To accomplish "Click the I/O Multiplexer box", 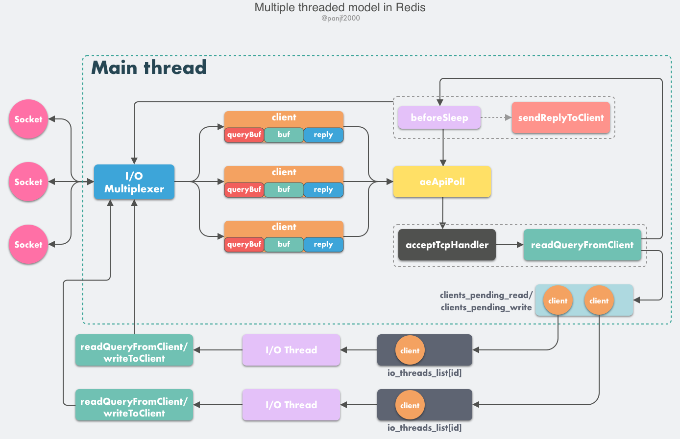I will click(x=134, y=182).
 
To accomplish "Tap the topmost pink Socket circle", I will click(x=28, y=119).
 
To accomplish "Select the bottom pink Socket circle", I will click(x=28, y=244).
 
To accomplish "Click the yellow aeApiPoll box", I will click(x=442, y=182).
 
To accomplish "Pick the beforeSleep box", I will click(x=439, y=118).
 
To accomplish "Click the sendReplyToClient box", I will click(x=561, y=118).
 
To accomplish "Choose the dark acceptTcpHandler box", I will click(x=447, y=245).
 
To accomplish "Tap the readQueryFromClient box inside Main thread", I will click(x=582, y=245).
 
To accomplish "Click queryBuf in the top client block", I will click(x=244, y=135).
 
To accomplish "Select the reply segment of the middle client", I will click(x=323, y=189).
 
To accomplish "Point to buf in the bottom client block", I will click(x=284, y=244).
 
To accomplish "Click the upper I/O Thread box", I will click(x=291, y=350).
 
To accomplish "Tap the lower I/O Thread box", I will click(x=291, y=405).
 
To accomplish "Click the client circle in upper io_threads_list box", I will click(x=410, y=350).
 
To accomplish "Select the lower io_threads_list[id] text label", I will click(x=424, y=428).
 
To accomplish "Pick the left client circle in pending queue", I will click(x=558, y=300).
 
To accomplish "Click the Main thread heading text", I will click(x=149, y=68).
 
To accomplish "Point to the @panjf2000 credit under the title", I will click(x=340, y=18).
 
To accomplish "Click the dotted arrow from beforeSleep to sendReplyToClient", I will click(x=496, y=117).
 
